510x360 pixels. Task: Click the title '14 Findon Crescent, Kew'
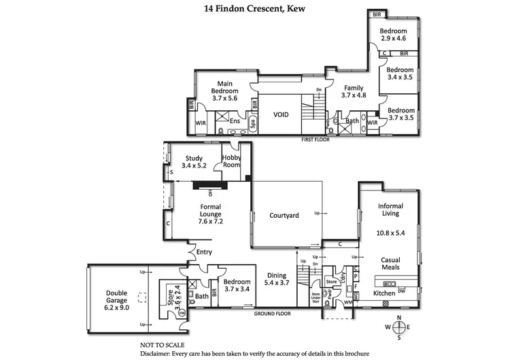[254, 9]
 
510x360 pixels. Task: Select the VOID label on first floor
[281, 115]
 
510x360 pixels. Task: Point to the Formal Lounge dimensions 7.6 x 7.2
[211, 221]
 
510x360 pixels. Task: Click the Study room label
[194, 159]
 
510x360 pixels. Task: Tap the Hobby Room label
[232, 161]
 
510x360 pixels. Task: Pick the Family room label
[353, 88]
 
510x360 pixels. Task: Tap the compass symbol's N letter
[399, 318]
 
